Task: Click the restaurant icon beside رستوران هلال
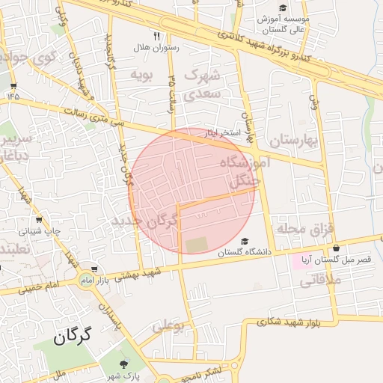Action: click(x=156, y=35)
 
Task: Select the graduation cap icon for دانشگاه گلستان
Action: click(x=245, y=241)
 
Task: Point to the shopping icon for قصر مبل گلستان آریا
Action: click(x=336, y=248)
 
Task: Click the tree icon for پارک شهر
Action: click(x=114, y=363)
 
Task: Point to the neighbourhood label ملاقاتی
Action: click(x=321, y=281)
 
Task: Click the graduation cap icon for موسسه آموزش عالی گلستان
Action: click(x=283, y=7)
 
